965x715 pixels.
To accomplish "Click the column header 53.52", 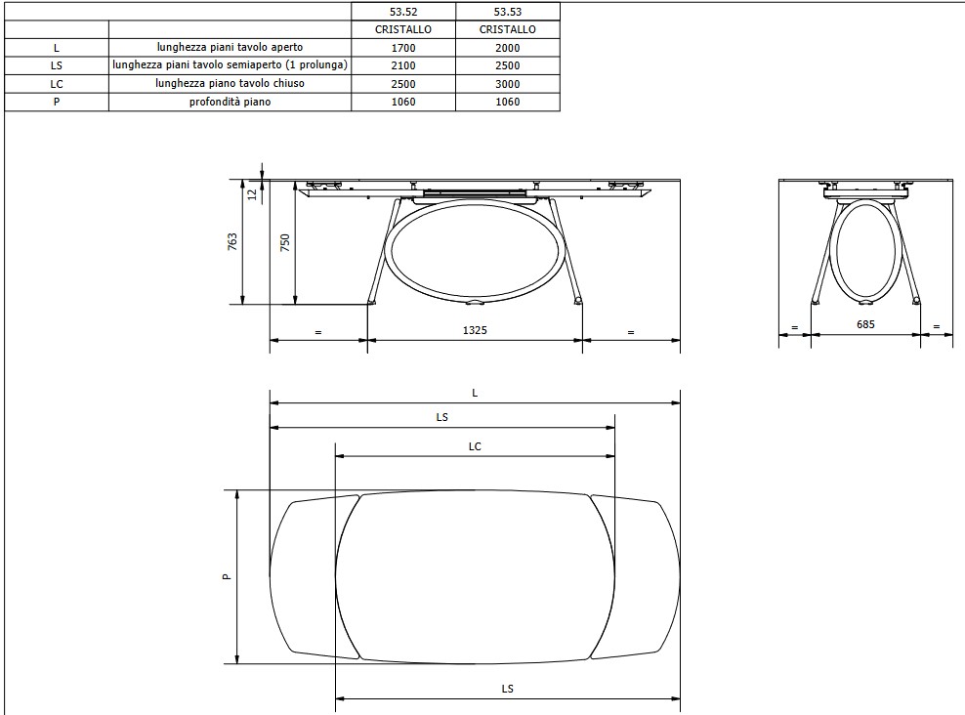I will tap(402, 12).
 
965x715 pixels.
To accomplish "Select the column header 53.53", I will tap(507, 12).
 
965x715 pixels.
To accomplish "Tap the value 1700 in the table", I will tap(402, 48).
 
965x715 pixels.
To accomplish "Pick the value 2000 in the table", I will tap(507, 48).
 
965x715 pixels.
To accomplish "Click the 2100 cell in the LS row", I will tap(402, 65).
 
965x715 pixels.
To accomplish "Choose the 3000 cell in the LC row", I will tap(507, 84).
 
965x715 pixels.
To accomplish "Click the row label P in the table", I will tap(56, 102).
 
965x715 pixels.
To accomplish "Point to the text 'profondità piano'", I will tap(230, 102).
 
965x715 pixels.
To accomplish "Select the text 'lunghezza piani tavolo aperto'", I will tap(230, 48).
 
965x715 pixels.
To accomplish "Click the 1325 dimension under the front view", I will tap(475, 331).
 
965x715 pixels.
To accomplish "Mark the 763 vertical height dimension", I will tap(231, 241).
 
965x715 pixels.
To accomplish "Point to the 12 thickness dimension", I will tap(252, 194).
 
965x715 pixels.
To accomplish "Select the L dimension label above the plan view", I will tap(475, 393).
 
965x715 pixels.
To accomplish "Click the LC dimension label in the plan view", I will tap(475, 446).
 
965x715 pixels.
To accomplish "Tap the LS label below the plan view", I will tap(507, 689).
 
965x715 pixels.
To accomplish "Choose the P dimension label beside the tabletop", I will tap(226, 577).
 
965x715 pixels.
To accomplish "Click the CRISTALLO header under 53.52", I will tap(402, 29).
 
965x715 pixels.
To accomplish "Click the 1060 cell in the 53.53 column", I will tap(507, 102).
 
